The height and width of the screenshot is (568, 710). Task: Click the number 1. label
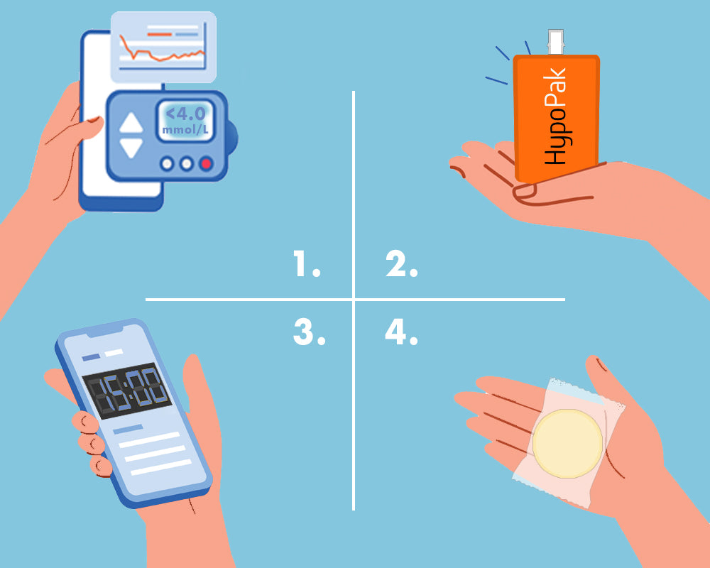[x=307, y=263]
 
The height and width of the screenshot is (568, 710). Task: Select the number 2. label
[x=402, y=263]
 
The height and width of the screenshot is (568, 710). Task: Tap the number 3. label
[x=310, y=332]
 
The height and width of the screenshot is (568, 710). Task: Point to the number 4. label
[x=401, y=332]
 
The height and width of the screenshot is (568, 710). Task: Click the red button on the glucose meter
[x=206, y=163]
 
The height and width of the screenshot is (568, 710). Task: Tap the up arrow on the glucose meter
[x=131, y=123]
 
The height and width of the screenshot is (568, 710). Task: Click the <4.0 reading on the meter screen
[x=186, y=114]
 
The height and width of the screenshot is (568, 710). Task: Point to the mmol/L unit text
[x=185, y=130]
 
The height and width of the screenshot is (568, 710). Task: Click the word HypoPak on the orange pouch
[x=555, y=116]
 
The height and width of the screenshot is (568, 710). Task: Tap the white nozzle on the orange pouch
[x=556, y=42]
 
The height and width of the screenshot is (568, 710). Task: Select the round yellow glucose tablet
[x=567, y=444]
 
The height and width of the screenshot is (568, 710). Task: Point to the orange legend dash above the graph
[x=159, y=34]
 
